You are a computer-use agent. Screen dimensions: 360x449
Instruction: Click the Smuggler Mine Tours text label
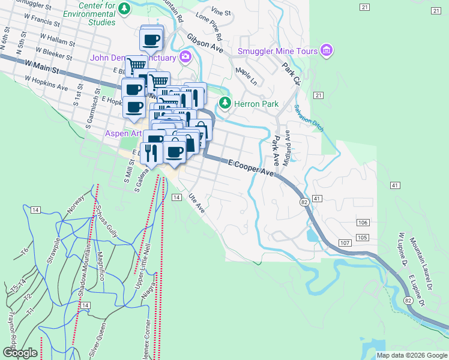point(278,51)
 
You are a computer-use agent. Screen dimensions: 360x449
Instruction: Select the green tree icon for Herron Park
point(225,103)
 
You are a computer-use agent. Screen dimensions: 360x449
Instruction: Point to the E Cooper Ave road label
point(250,167)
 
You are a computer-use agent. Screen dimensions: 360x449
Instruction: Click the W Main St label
point(42,66)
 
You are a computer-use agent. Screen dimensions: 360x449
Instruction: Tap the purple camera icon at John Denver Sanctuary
point(185,58)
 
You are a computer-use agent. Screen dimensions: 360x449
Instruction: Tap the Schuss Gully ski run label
point(105,219)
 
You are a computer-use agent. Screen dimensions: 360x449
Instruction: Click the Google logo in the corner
point(19,353)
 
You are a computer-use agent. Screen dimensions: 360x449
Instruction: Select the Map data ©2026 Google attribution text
point(412,355)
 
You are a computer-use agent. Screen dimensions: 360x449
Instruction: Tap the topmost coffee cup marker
point(151,40)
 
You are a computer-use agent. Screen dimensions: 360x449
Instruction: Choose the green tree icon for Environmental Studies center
point(124,8)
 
